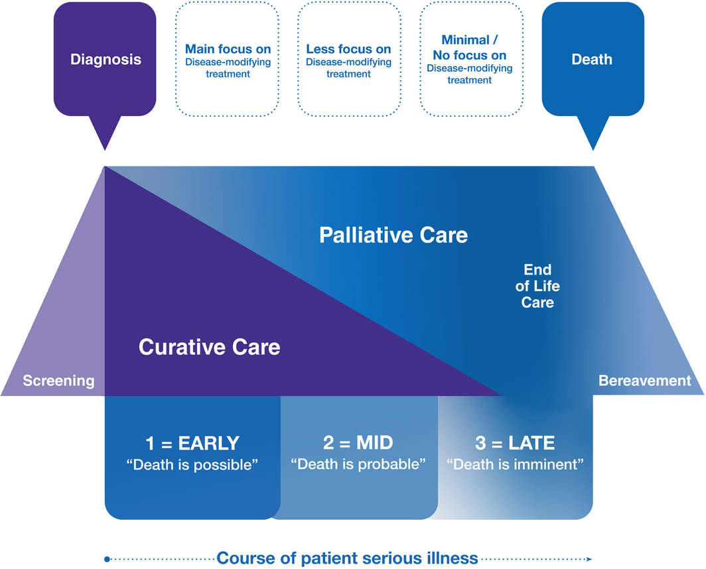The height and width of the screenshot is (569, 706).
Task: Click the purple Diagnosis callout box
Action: click(x=106, y=60)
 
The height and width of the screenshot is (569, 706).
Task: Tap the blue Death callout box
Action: click(x=592, y=60)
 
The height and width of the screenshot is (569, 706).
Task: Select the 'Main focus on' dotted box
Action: click(x=228, y=60)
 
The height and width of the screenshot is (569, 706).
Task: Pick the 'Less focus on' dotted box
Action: click(x=348, y=60)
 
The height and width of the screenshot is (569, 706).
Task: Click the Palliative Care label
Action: click(x=393, y=235)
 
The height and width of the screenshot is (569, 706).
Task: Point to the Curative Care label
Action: click(x=209, y=346)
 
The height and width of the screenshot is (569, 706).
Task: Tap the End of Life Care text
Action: click(x=537, y=286)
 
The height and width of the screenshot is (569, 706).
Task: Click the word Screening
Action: click(x=58, y=381)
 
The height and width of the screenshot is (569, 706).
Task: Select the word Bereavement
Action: click(x=644, y=381)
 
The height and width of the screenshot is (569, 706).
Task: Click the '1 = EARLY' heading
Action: click(x=192, y=443)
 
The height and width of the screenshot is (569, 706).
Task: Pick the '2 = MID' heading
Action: click(x=358, y=443)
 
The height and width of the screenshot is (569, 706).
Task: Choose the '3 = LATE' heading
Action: click(x=515, y=443)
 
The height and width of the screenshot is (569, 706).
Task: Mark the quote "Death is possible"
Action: click(x=192, y=464)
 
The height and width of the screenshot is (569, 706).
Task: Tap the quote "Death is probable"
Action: click(x=358, y=464)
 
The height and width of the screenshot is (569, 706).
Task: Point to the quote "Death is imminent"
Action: click(x=515, y=464)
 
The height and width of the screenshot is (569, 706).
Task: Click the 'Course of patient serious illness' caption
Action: click(x=347, y=558)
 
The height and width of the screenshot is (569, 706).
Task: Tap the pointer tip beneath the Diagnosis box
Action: click(x=105, y=148)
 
